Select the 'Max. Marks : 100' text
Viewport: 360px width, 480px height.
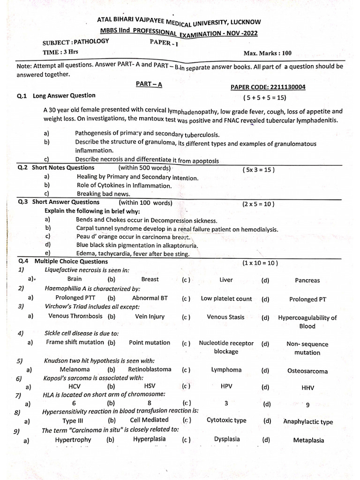click(267, 53)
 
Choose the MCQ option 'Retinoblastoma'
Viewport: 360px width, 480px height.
click(150, 369)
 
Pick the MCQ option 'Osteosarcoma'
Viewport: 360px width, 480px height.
click(307, 371)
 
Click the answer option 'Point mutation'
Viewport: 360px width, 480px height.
click(150, 342)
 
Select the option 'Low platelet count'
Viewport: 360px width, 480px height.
click(226, 299)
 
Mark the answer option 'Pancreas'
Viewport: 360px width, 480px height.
click(307, 280)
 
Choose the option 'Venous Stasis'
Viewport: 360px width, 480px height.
click(225, 317)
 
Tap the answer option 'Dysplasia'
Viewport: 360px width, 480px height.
click(226, 439)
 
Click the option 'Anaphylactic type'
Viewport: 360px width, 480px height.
click(307, 421)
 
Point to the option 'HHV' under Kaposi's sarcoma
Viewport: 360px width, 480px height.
click(307, 388)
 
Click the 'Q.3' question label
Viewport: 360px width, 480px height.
click(23, 202)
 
